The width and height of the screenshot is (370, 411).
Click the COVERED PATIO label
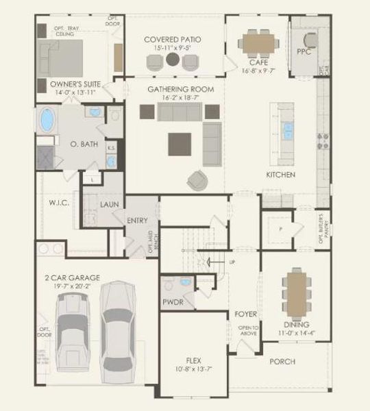172,40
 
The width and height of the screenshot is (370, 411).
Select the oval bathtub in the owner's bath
47,121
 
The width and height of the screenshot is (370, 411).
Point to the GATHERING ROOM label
181,90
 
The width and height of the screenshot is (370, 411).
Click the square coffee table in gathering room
182,142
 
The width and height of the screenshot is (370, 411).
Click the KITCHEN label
281,175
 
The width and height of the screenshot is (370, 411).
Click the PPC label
304,51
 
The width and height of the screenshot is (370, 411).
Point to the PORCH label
282,361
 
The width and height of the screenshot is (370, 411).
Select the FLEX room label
193,360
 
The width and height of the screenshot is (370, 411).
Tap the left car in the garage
73,334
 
